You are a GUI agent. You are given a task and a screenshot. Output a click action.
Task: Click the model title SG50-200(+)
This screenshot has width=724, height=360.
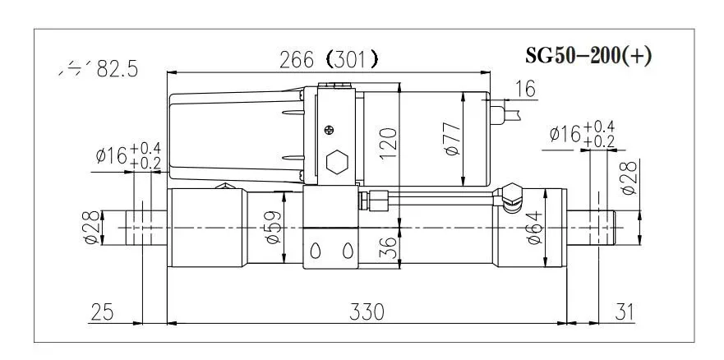coord(588,57)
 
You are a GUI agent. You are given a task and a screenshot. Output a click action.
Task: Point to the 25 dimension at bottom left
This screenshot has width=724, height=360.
coord(102,312)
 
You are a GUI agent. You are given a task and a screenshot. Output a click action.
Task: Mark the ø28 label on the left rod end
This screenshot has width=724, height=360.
coord(91,225)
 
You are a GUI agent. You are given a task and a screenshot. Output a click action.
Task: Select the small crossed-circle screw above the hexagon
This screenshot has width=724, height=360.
coord(330,129)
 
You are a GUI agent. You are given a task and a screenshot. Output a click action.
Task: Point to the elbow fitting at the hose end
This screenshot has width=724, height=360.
coord(512,196)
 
